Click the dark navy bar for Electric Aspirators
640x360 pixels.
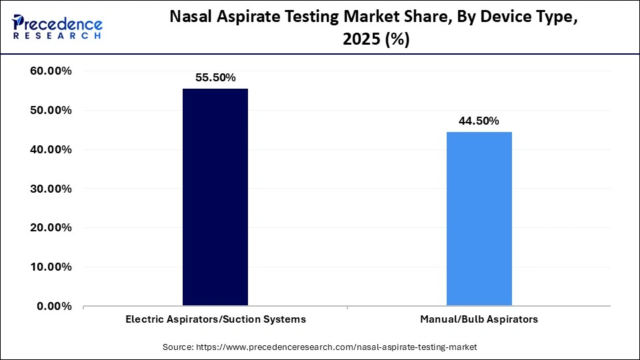point(215,197)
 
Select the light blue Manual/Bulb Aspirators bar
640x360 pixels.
point(479,219)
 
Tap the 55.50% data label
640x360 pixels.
point(215,77)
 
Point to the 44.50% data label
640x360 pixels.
point(479,121)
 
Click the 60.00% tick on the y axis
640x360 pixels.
point(51,71)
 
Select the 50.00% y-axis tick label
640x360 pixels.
point(51,111)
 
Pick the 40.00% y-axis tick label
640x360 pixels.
point(51,150)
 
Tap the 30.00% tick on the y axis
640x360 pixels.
point(51,189)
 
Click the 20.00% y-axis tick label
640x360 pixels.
point(51,228)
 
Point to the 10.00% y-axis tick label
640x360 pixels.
point(51,267)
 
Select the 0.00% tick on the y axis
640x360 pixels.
point(55,307)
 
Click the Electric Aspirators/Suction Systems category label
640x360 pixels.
point(215,319)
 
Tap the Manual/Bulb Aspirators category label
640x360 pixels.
point(479,319)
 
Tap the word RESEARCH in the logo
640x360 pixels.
point(57,36)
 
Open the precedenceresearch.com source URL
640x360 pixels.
point(335,347)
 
